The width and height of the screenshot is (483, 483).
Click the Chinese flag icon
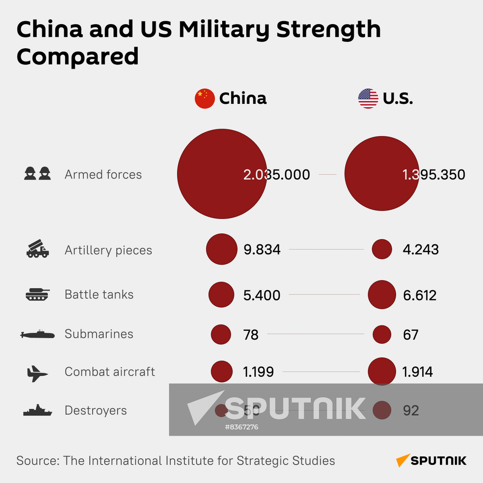click(x=204, y=99)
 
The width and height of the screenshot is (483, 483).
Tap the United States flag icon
click(x=368, y=99)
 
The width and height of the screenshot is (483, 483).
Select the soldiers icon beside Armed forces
click(x=37, y=173)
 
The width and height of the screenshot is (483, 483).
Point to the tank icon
click(x=37, y=294)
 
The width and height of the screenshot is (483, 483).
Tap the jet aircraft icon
click(x=37, y=373)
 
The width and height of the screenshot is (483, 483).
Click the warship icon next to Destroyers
click(x=37, y=411)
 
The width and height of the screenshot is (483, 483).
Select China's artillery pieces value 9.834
click(x=262, y=250)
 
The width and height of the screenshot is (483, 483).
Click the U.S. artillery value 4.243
click(x=421, y=250)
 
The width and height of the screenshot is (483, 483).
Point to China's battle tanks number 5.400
click(x=262, y=295)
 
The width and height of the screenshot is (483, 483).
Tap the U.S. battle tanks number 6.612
click(x=419, y=295)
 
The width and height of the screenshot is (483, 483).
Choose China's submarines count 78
click(x=251, y=334)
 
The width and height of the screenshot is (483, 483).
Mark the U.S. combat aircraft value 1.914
click(x=417, y=372)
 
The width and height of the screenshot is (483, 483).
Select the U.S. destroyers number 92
click(x=411, y=411)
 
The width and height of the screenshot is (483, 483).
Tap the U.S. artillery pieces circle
click(x=382, y=249)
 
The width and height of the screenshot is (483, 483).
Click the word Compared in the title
click(x=78, y=56)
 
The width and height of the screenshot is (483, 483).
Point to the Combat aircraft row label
click(x=110, y=372)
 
